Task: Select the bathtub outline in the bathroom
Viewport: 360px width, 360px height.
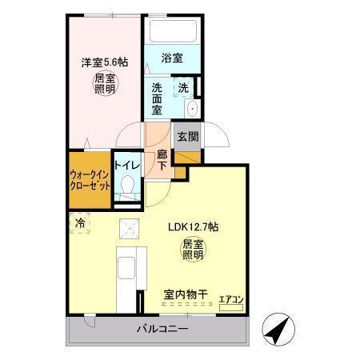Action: coord(170,34)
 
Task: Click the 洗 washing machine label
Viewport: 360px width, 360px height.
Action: coord(183,87)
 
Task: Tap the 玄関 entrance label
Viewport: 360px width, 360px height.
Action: coord(187,136)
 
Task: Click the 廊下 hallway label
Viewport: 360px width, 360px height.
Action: coord(162,159)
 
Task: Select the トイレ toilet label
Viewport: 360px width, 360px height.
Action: coord(127,166)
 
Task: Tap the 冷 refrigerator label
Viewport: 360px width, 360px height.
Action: coord(81,224)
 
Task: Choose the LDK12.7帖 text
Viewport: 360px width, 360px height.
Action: coord(193,227)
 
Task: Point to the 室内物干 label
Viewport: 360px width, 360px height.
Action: coord(186,295)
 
